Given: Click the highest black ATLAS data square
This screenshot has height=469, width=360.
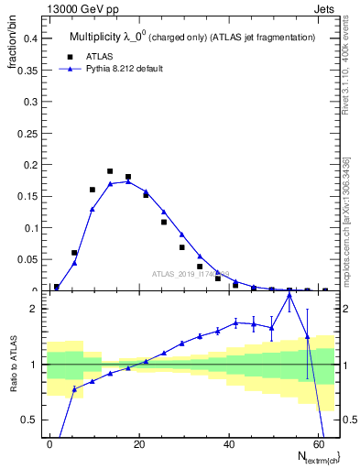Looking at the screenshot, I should (x=110, y=171).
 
